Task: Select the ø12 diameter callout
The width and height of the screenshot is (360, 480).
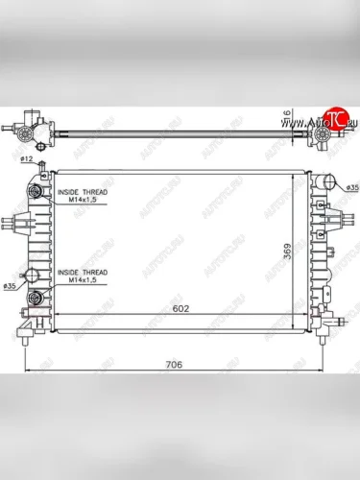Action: (27, 157)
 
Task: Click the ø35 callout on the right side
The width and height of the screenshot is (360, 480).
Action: (351, 186)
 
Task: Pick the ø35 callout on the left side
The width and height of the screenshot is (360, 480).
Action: (11, 286)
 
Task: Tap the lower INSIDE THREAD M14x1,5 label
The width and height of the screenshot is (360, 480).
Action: (82, 276)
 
